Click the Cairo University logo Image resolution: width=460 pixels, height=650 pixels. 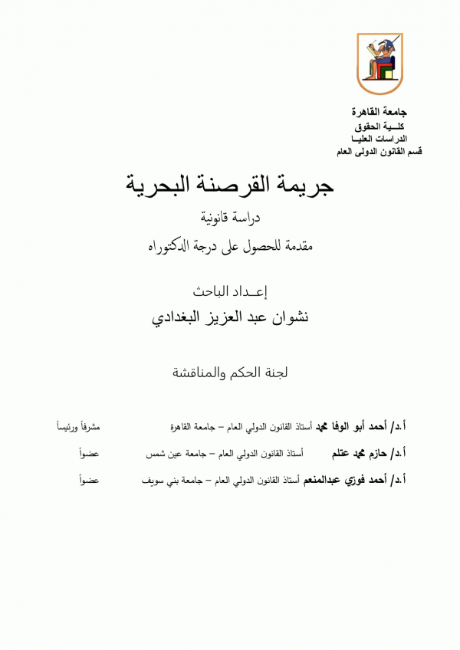point(379,64)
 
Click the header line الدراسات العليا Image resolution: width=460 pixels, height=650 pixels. point(380,138)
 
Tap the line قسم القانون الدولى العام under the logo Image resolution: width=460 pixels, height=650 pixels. point(379,151)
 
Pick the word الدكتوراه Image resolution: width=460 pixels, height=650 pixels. point(170,247)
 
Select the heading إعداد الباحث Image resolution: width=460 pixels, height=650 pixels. point(230,291)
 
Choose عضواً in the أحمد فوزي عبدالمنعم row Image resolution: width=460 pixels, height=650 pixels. point(90,481)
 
